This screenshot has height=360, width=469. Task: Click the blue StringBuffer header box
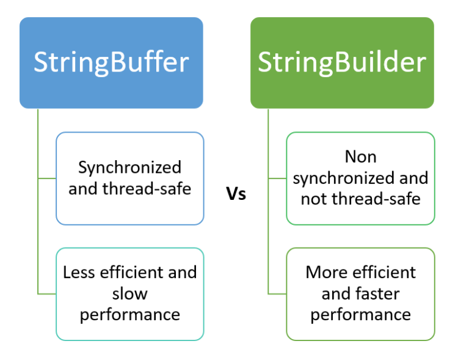(x=111, y=63)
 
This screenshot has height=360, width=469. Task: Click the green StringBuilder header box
(x=342, y=63)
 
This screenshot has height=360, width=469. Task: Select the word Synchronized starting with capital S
(x=130, y=167)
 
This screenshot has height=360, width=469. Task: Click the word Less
(x=78, y=273)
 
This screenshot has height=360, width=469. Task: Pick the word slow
(x=130, y=293)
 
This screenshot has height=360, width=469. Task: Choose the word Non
(x=360, y=157)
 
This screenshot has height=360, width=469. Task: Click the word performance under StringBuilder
(x=360, y=314)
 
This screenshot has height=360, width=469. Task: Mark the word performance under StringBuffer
(x=130, y=314)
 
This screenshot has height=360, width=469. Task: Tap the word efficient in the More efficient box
(x=380, y=272)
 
